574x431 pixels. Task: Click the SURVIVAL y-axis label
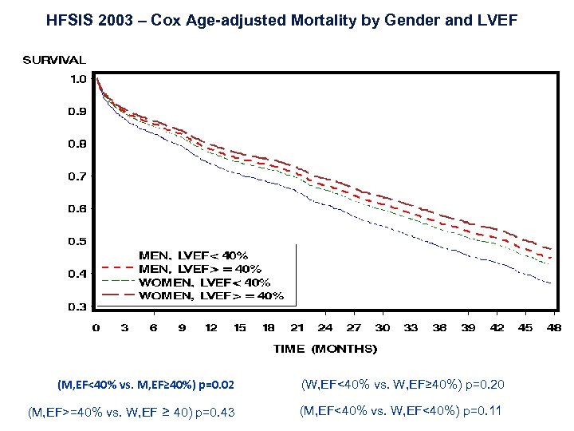pos(54,60)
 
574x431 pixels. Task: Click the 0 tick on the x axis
pos(96,328)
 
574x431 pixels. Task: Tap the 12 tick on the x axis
pos(210,328)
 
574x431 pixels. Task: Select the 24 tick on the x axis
pos(325,328)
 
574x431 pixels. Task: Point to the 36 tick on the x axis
pos(439,328)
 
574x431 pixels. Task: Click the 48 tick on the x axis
pos(554,328)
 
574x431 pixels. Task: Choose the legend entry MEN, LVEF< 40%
pos(188,256)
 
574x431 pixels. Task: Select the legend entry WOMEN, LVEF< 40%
pos(204,283)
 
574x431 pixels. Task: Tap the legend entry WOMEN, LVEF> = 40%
pos(211,296)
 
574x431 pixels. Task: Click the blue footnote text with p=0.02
pos(146,386)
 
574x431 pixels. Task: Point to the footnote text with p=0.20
pos(402,386)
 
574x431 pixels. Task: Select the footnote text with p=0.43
pos(132,413)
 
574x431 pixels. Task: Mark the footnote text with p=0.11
pos(402,412)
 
